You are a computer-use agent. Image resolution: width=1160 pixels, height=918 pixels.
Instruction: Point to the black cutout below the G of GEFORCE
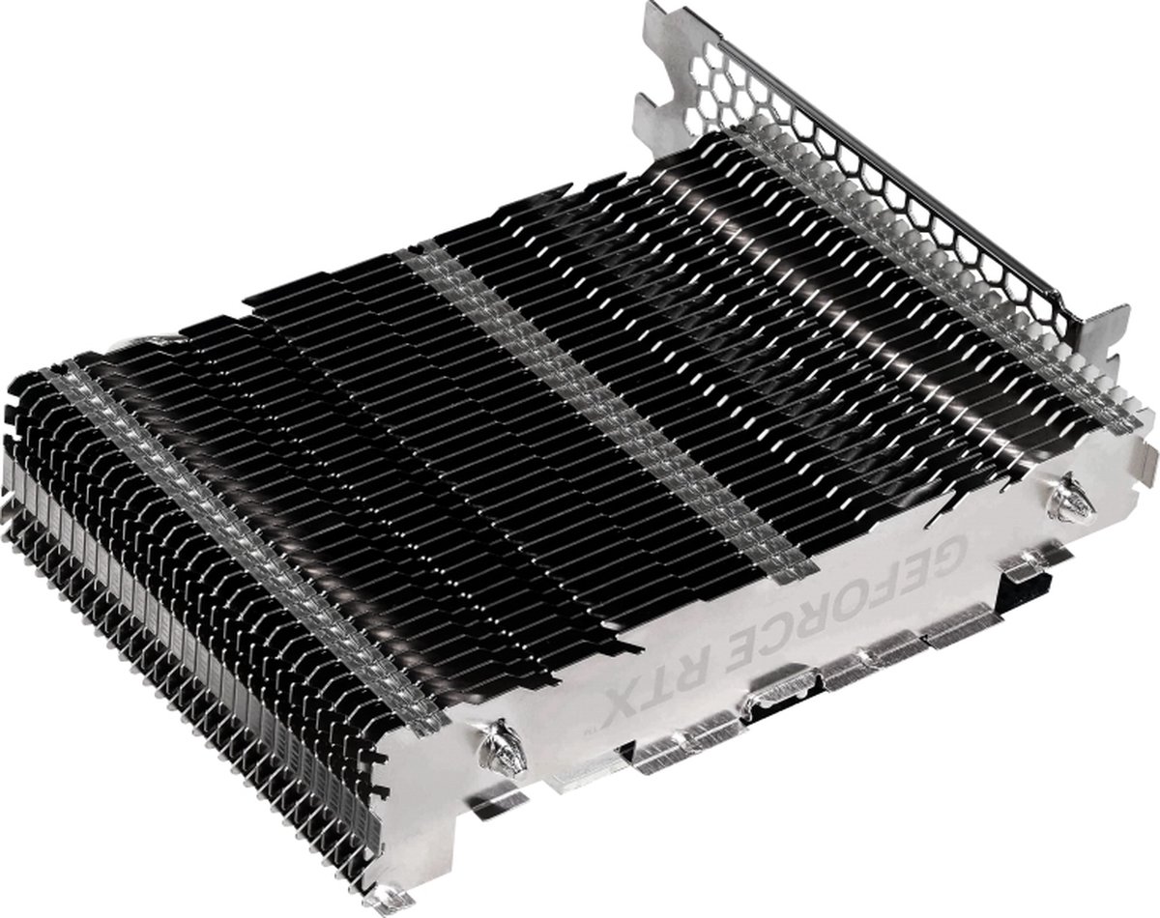pos(1029,580)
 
